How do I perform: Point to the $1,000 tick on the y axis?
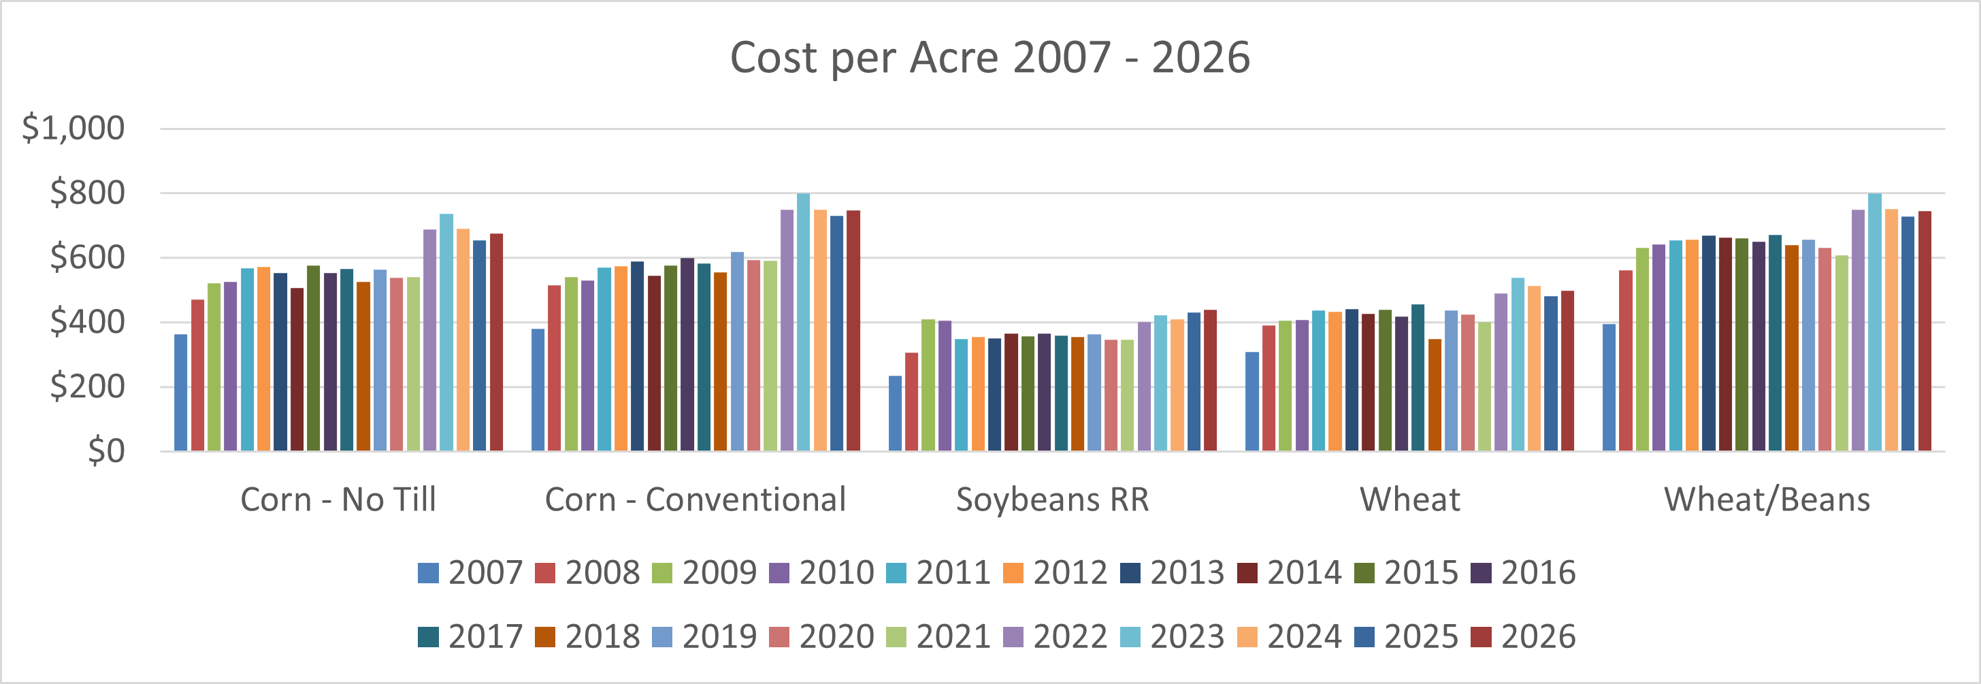(73, 128)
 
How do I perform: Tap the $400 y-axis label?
(87, 322)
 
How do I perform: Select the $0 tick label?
(105, 451)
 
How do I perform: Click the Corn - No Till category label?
(338, 500)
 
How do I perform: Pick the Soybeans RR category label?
(1052, 500)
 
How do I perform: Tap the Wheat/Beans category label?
(1767, 500)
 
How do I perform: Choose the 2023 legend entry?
(1172, 637)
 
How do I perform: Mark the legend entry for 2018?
(587, 637)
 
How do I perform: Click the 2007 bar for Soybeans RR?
(895, 413)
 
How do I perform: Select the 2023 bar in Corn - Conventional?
(803, 323)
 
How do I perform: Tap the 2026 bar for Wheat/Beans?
(1924, 331)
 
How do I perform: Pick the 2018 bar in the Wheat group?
(1435, 395)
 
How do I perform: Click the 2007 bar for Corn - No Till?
(181, 393)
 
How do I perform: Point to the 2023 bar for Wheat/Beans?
(1875, 323)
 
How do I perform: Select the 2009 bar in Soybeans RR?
(928, 385)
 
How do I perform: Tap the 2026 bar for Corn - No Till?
(496, 342)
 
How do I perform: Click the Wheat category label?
(1409, 500)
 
